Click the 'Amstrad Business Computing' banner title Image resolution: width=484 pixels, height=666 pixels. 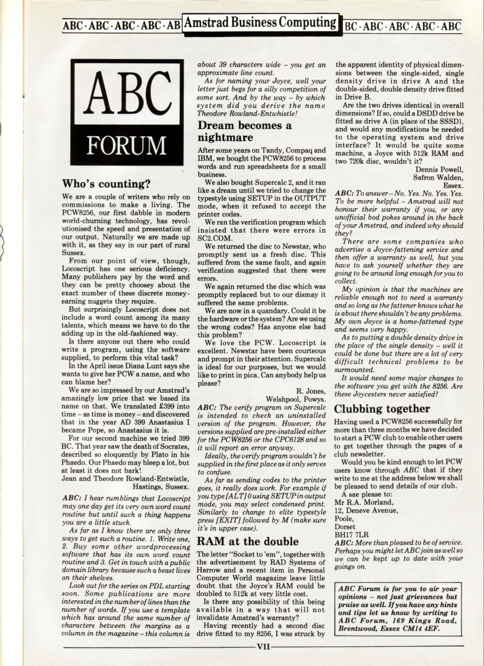click(x=260, y=23)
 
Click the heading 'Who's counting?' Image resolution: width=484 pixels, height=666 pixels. click(x=106, y=184)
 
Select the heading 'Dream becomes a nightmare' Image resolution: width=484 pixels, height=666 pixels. click(x=245, y=131)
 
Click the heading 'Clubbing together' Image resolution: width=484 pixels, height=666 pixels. click(x=382, y=409)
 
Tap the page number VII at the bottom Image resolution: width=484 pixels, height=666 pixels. click(x=263, y=646)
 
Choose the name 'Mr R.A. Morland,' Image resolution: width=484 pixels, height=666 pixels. click(x=361, y=502)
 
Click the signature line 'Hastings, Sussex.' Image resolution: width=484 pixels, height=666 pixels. click(x=161, y=486)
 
